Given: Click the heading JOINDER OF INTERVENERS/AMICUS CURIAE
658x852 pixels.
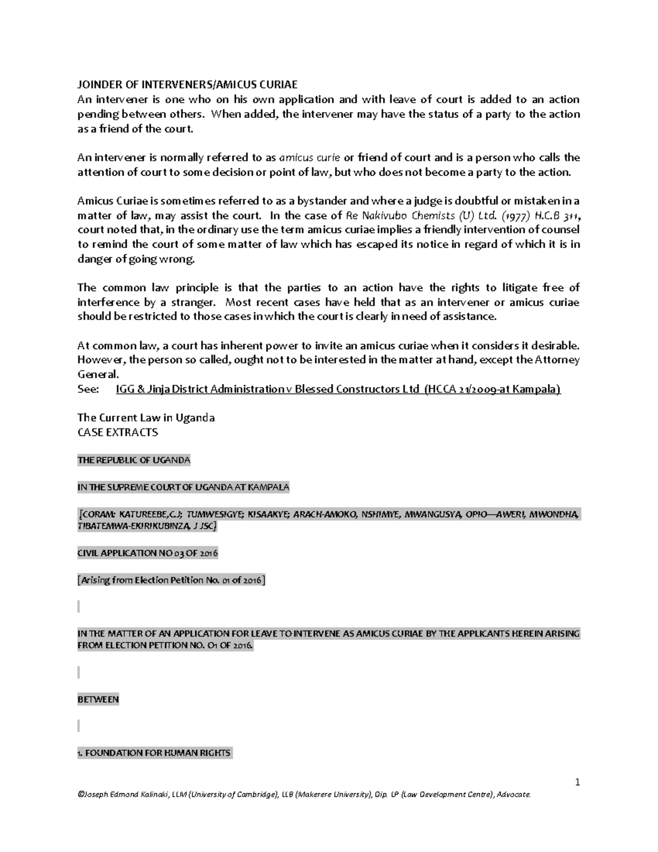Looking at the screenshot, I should [x=188, y=84].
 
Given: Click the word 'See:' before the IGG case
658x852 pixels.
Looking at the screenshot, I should [x=88, y=389].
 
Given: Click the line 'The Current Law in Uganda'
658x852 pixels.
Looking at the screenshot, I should [x=146, y=417].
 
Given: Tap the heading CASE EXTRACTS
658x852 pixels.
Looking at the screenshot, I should [x=117, y=432].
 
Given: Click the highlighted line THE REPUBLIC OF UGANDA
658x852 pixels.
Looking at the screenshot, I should [x=134, y=460].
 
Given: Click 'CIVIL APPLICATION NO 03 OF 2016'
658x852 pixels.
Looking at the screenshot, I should [x=148, y=553].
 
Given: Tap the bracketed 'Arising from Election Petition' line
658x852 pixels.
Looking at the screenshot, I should [x=171, y=580].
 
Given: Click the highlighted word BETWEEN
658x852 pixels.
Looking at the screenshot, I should [x=98, y=699].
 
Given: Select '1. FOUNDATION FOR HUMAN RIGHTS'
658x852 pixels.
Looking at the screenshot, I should [x=155, y=753].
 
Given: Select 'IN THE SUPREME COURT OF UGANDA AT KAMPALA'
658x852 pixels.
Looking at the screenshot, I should [x=183, y=487].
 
